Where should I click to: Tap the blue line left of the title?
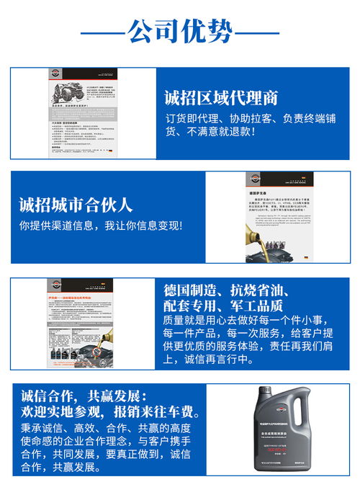102,33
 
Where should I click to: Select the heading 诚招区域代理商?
221,98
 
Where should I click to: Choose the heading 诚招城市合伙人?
76,205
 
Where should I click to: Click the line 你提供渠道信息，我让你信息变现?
101,226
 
